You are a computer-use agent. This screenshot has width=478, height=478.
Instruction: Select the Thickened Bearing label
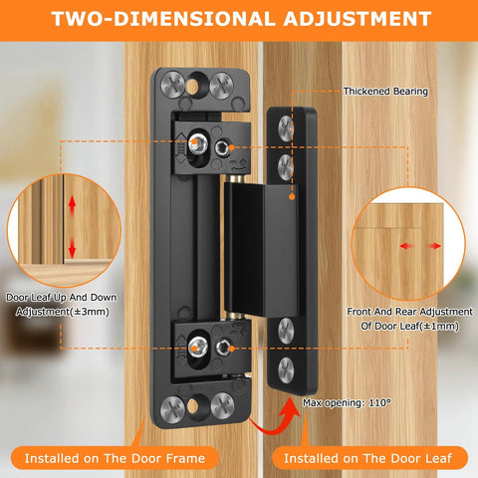tap(385, 92)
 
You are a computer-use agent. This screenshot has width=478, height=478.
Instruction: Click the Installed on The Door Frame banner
tap(119, 457)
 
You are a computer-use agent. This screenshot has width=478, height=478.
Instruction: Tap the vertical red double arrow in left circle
tap(71, 227)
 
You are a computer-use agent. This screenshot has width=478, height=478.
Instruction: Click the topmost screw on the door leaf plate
tap(286, 124)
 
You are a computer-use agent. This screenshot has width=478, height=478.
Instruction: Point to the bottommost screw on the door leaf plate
tap(286, 370)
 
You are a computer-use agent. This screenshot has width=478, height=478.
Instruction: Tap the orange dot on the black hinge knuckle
tap(293, 196)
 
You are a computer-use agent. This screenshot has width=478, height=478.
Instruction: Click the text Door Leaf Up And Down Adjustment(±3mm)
tap(58, 304)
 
